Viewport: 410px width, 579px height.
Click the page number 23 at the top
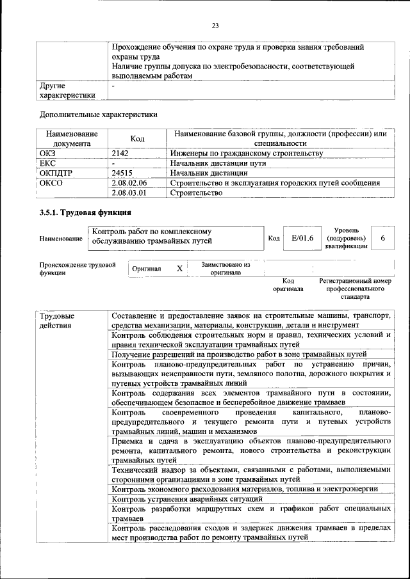(x=215, y=26)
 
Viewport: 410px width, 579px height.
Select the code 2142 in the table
(x=120, y=154)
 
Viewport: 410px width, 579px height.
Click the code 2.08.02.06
(x=129, y=182)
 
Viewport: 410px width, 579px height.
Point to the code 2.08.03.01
(x=129, y=192)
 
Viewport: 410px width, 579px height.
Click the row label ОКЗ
(x=48, y=154)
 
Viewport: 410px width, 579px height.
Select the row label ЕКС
(x=47, y=163)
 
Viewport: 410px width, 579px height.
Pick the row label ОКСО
(x=51, y=182)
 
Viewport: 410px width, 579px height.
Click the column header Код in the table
(x=137, y=139)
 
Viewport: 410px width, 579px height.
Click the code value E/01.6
(x=302, y=238)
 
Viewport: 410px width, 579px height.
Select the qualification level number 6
(x=382, y=238)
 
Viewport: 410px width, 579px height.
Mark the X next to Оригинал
(x=179, y=269)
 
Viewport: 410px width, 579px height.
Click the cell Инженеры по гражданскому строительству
(x=246, y=154)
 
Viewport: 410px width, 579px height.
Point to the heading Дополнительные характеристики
(x=98, y=115)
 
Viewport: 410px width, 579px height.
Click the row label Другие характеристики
(x=67, y=90)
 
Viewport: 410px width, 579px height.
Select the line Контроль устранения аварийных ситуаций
(x=187, y=498)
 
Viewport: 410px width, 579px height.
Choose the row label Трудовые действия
(x=57, y=321)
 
